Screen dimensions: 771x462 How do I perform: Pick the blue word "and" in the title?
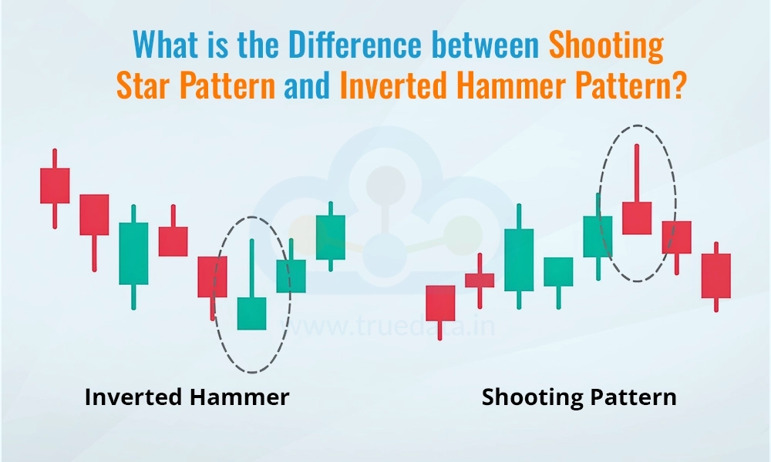click(x=307, y=85)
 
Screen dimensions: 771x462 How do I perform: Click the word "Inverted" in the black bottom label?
click(x=133, y=397)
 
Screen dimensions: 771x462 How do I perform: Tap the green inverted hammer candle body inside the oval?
click(x=252, y=313)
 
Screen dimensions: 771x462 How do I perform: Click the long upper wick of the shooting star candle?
click(x=637, y=172)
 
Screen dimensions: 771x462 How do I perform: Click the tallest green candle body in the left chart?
click(x=133, y=253)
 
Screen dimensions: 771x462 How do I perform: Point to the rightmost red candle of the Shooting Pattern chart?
click(x=716, y=276)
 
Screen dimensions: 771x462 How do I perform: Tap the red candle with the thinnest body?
click(x=480, y=280)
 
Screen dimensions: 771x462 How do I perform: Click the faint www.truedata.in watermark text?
click(x=388, y=326)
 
